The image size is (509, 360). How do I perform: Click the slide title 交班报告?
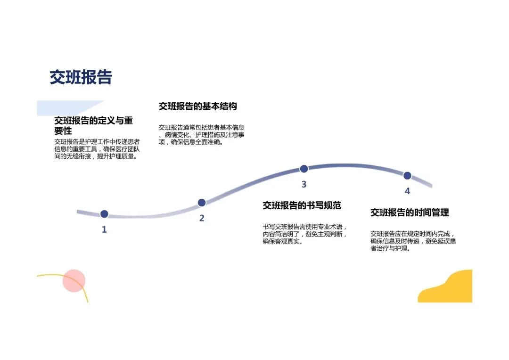click(x=81, y=77)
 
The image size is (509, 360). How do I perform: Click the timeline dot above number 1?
click(x=104, y=214)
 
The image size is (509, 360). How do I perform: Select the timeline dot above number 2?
click(x=202, y=203)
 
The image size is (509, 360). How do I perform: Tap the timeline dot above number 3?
click(x=304, y=169)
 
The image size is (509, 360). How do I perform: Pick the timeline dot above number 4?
click(x=407, y=175)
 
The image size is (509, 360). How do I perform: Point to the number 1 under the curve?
click(x=104, y=230)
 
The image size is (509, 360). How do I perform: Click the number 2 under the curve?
click(x=202, y=218)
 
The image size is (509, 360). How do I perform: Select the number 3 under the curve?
click(x=304, y=184)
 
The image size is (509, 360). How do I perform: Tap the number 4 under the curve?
click(x=407, y=191)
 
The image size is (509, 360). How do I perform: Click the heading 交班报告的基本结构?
click(x=197, y=106)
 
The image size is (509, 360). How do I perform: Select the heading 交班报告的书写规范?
click(x=302, y=205)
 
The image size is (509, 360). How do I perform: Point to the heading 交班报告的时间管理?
click(x=410, y=213)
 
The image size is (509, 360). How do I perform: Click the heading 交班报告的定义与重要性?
click(x=93, y=126)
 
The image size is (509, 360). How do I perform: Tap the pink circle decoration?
click(x=74, y=281)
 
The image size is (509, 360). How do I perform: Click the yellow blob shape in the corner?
click(x=448, y=288)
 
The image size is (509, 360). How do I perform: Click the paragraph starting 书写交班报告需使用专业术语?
click(x=305, y=234)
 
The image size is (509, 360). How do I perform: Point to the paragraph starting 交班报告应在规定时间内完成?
click(x=413, y=241)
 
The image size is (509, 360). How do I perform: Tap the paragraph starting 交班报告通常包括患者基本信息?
click(x=201, y=134)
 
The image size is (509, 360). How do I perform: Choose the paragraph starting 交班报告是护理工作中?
click(x=97, y=149)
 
